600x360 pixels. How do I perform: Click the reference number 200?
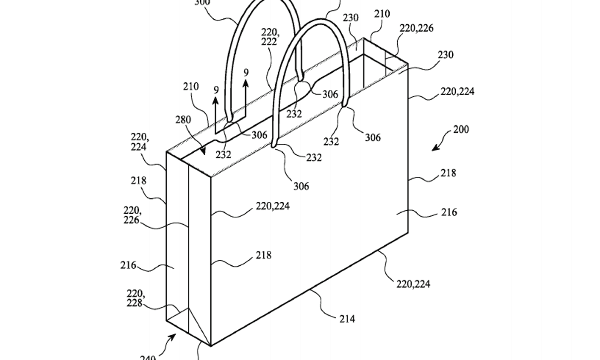pyautogui.click(x=461, y=130)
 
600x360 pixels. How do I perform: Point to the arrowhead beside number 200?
pyautogui.click(x=435, y=148)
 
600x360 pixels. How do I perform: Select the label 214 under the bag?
pyautogui.click(x=347, y=319)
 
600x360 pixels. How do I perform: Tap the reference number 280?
pyautogui.click(x=183, y=120)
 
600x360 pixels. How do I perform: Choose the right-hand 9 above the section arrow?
pyautogui.click(x=246, y=73)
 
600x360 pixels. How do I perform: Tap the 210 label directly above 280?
pyautogui.click(x=190, y=87)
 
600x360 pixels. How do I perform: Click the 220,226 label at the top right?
pyautogui.click(x=417, y=28)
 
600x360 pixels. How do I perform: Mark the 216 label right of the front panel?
pyautogui.click(x=449, y=212)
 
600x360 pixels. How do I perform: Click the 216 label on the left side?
pyautogui.click(x=128, y=265)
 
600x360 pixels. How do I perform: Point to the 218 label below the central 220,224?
pyautogui.click(x=263, y=255)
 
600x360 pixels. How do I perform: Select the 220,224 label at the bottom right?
pyautogui.click(x=414, y=284)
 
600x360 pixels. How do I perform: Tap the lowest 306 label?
pyautogui.click(x=300, y=186)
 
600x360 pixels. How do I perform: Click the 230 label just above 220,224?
pyautogui.click(x=445, y=55)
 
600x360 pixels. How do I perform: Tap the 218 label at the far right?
pyautogui.click(x=448, y=173)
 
